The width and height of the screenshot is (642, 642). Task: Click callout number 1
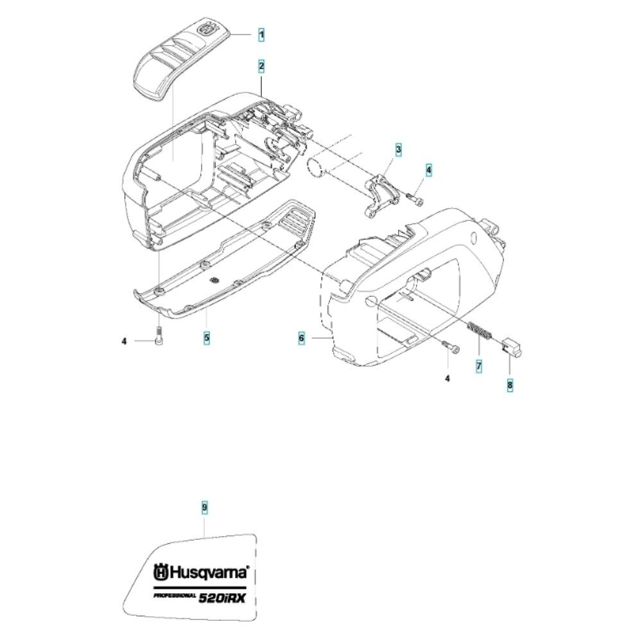(261, 35)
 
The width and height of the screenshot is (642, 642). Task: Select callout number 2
(261, 65)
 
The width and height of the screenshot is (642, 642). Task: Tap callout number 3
(381, 150)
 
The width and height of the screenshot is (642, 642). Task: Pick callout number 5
(207, 336)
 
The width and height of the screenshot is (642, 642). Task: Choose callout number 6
(301, 336)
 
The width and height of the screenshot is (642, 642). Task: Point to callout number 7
(478, 367)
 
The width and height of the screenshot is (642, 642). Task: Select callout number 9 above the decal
(204, 508)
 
